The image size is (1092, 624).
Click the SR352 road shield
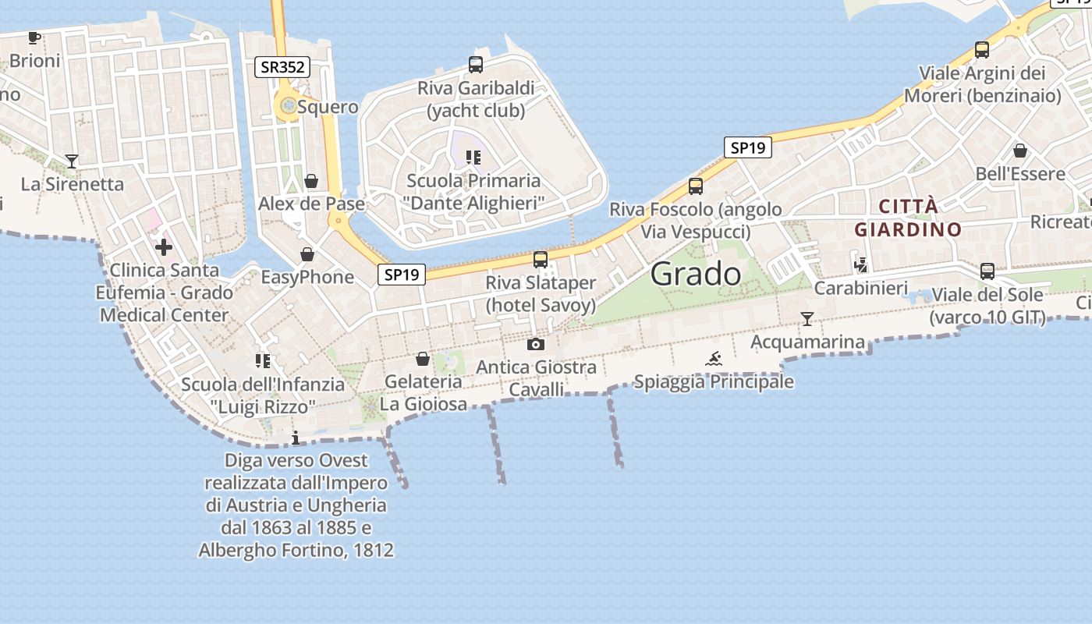pyautogui.click(x=282, y=67)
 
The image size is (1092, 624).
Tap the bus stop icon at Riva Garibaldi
pyautogui.click(x=475, y=65)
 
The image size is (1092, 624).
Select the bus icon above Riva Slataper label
pyautogui.click(x=540, y=260)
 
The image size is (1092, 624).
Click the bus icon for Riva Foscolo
pyautogui.click(x=695, y=186)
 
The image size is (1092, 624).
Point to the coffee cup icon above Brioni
pyautogui.click(x=34, y=37)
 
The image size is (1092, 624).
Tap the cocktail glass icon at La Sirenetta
pyautogui.click(x=72, y=161)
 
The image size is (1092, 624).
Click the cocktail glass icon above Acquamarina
pyautogui.click(x=807, y=318)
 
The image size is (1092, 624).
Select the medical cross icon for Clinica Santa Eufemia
pyautogui.click(x=164, y=247)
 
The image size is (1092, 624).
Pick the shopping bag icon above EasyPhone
pyautogui.click(x=307, y=254)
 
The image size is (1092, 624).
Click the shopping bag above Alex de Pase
pyautogui.click(x=311, y=181)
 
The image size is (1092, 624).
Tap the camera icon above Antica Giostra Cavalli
pyautogui.click(x=536, y=344)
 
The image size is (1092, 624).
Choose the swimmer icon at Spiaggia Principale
pyautogui.click(x=714, y=359)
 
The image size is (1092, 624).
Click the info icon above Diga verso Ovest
pyautogui.click(x=295, y=438)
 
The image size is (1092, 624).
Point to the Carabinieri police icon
pyautogui.click(x=861, y=265)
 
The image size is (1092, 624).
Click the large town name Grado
pyautogui.click(x=696, y=274)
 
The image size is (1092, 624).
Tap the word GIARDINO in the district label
pyautogui.click(x=908, y=230)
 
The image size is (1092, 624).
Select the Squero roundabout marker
pyautogui.click(x=289, y=105)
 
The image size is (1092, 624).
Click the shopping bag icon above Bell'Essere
pyautogui.click(x=1019, y=151)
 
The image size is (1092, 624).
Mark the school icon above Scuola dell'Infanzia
pyautogui.click(x=263, y=360)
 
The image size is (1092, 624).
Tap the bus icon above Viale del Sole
pyautogui.click(x=987, y=271)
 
